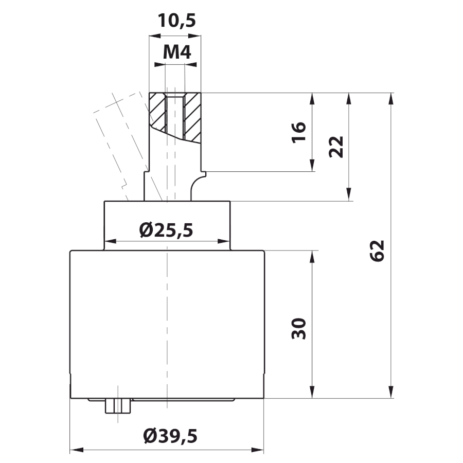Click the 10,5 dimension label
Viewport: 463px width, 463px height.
pyautogui.click(x=176, y=21)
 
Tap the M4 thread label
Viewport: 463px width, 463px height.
pyautogui.click(x=177, y=52)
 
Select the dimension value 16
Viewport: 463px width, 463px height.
pyautogui.click(x=299, y=132)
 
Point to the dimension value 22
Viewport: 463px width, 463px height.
pyautogui.click(x=336, y=147)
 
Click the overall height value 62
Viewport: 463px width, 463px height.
pyautogui.click(x=377, y=251)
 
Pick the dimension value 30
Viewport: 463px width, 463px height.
pyautogui.click(x=299, y=328)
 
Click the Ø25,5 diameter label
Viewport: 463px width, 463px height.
pyautogui.click(x=166, y=230)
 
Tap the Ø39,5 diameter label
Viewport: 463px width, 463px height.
pyautogui.click(x=170, y=436)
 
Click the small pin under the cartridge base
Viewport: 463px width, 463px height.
pyautogui.click(x=118, y=406)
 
